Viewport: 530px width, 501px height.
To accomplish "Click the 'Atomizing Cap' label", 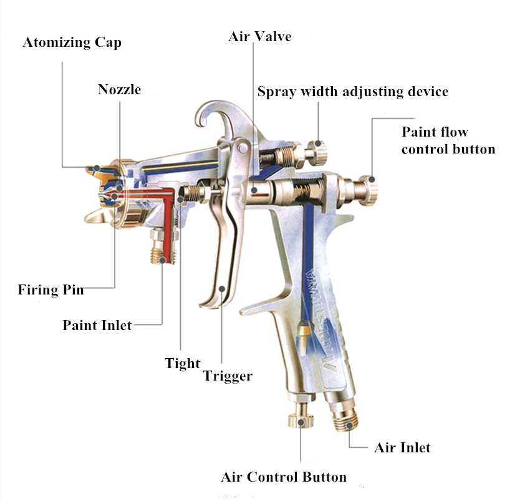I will point(72,43).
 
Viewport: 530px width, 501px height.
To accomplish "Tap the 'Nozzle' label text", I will point(119,90).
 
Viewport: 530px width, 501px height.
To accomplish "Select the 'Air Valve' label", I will point(260,36).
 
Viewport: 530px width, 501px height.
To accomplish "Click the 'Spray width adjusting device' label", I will point(352,92).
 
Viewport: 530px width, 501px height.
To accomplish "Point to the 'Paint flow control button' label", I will point(448,140).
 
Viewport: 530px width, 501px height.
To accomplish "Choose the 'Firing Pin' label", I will point(51,289).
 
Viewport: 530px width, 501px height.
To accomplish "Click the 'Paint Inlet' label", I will point(97,325).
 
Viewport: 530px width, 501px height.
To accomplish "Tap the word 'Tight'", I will point(182,363).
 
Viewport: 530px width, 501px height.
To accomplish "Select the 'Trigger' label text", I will point(228,376).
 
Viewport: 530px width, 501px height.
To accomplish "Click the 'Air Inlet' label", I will point(402,447).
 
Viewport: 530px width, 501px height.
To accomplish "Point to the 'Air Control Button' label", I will point(284,477).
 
